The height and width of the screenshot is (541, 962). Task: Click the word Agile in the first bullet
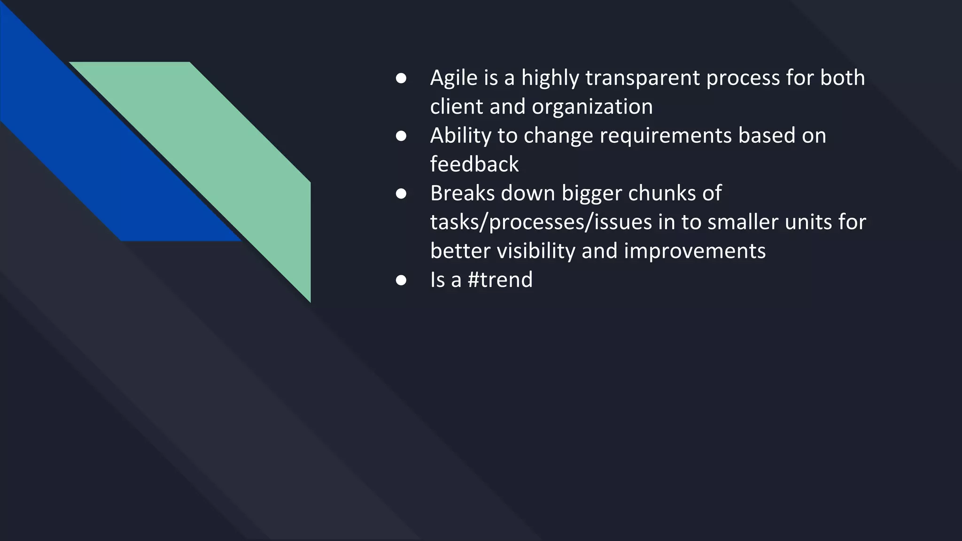pyautogui.click(x=453, y=78)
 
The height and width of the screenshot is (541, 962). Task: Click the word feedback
pyautogui.click(x=474, y=164)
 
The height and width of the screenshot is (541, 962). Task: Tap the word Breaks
pyautogui.click(x=462, y=193)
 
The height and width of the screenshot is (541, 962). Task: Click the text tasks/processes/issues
pyautogui.click(x=541, y=222)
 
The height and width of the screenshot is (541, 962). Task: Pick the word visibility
pyautogui.click(x=536, y=251)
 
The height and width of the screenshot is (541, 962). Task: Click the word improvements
pyautogui.click(x=695, y=251)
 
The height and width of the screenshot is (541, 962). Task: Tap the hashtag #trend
pyautogui.click(x=500, y=280)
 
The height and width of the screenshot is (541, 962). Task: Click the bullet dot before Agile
pyautogui.click(x=401, y=78)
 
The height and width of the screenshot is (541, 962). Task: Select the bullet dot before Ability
pyautogui.click(x=401, y=136)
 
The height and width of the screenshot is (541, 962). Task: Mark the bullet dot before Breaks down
pyautogui.click(x=401, y=193)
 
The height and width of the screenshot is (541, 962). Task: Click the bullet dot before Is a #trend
pyautogui.click(x=401, y=280)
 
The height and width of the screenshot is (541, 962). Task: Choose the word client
pyautogui.click(x=457, y=107)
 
